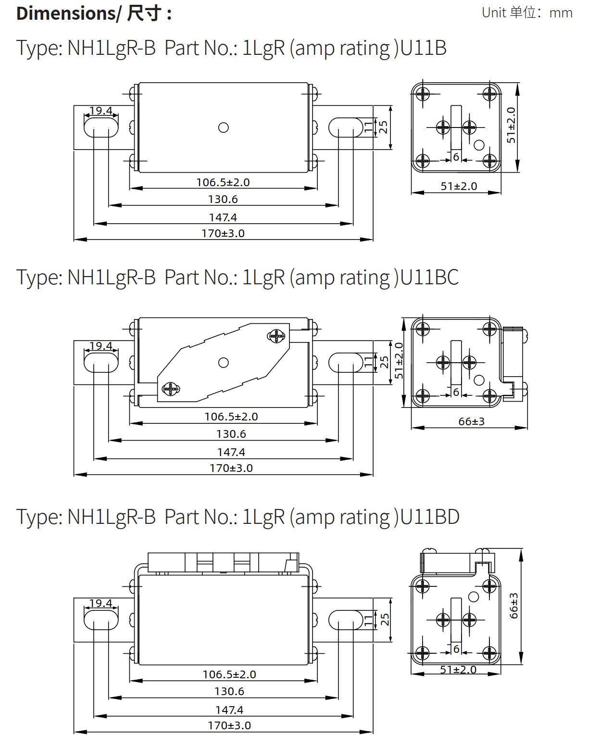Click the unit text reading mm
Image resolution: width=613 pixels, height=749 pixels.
point(561,13)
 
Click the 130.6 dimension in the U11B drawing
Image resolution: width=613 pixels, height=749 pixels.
point(223,199)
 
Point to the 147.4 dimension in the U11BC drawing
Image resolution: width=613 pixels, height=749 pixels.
point(231,452)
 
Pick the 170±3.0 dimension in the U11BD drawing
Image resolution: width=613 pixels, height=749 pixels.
point(229,725)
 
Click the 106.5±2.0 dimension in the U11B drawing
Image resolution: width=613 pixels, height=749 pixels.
point(223,182)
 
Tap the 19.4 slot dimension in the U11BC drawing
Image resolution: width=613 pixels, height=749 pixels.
point(101,346)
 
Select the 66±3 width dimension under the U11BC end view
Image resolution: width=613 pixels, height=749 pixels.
point(471,421)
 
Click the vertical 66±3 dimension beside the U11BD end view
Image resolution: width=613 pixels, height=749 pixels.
point(514,605)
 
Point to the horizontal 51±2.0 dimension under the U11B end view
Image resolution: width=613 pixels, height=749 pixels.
point(459,186)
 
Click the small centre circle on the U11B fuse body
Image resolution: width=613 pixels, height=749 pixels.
point(223,127)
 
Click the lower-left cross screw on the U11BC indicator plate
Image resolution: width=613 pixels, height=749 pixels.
point(170,389)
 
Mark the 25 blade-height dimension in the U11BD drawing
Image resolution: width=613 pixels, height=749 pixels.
point(385,620)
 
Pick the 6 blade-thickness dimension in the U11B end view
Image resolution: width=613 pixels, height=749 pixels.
point(456,157)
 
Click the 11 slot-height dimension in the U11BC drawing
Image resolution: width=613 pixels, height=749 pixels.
point(368,362)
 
